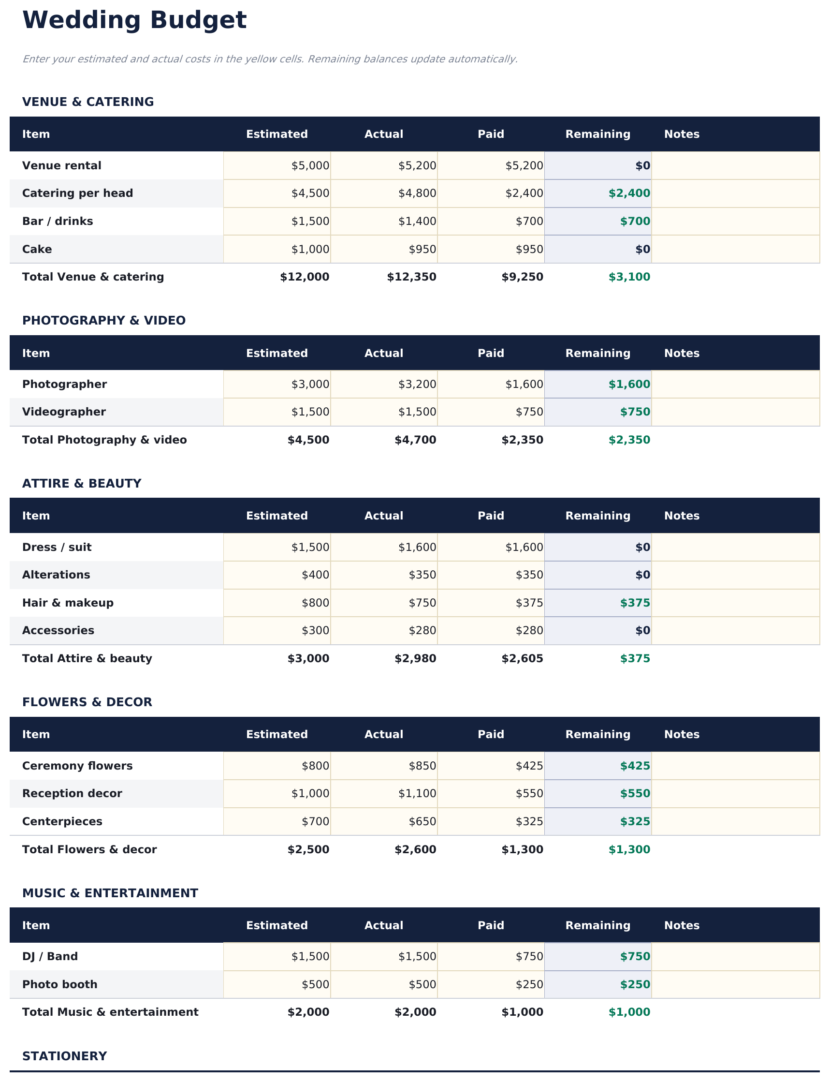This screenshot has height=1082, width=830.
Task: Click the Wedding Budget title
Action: (x=134, y=21)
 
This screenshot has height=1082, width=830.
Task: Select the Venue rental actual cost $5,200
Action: (x=417, y=165)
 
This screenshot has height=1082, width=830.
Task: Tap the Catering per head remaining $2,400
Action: (x=629, y=193)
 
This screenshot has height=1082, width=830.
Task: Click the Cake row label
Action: (x=37, y=249)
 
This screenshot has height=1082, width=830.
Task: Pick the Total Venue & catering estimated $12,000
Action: (x=305, y=277)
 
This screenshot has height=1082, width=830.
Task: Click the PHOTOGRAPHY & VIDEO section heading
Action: (x=104, y=320)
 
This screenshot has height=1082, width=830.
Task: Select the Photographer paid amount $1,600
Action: (x=524, y=384)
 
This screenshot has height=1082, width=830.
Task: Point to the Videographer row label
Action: (x=64, y=412)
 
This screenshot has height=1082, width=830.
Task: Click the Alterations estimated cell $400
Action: (x=315, y=575)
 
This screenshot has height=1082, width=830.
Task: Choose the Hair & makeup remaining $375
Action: (x=635, y=603)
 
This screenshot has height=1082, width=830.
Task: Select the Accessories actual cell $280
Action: (x=422, y=630)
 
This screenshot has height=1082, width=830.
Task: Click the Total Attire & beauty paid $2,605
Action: (x=522, y=658)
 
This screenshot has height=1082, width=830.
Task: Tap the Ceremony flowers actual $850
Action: (x=422, y=766)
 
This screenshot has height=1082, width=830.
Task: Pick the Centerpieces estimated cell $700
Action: (x=315, y=821)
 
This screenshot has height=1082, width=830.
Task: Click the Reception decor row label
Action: (x=72, y=793)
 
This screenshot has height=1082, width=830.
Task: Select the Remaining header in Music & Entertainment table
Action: (x=598, y=925)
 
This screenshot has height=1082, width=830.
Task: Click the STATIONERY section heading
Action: (x=64, y=1056)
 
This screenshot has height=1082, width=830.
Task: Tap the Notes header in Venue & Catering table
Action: (x=681, y=134)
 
